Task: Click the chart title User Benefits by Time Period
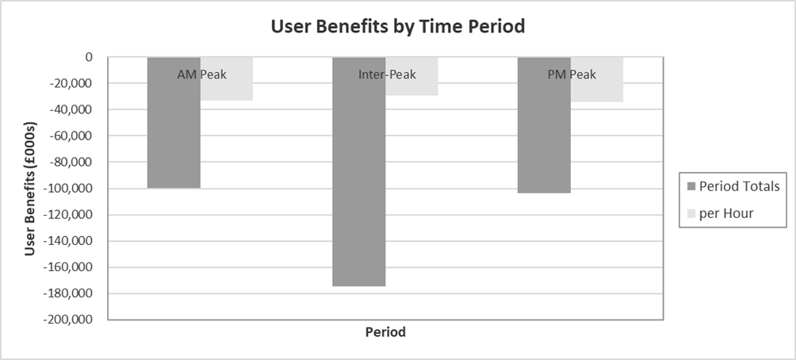click(398, 26)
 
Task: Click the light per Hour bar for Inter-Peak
click(411, 86)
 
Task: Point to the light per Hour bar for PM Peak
click(597, 91)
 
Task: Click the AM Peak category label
click(201, 75)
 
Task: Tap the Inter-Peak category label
click(386, 75)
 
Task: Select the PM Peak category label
click(572, 75)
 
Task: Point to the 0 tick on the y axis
click(90, 57)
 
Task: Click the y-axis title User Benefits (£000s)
click(30, 188)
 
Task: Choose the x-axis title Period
click(385, 332)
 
